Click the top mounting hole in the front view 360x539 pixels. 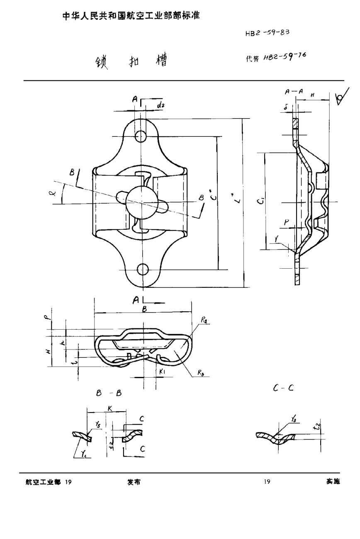click(x=141, y=136)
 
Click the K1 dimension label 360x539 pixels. click(x=162, y=372)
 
